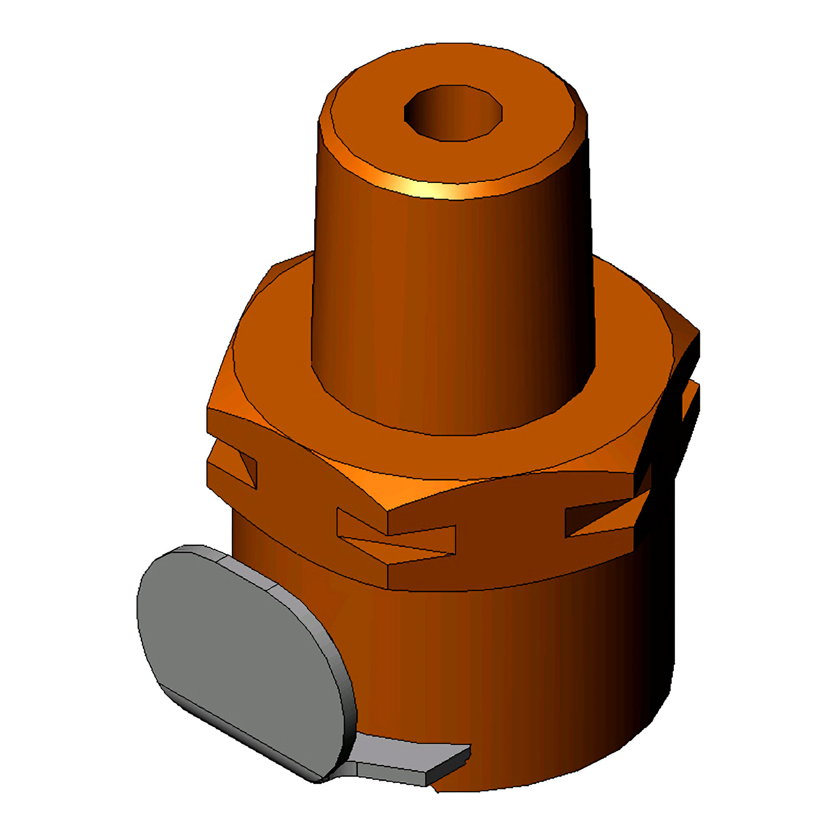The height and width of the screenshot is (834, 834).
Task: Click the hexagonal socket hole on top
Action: pos(453,112)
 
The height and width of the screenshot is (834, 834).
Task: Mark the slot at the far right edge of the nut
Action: pos(689,400)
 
